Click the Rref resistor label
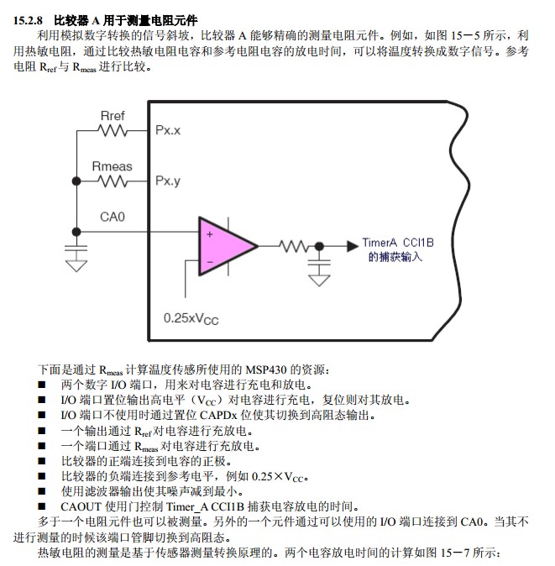tap(113, 116)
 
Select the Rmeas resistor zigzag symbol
tap(113, 181)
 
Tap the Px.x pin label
tap(168, 130)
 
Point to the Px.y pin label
tap(168, 181)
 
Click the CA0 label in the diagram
tap(113, 217)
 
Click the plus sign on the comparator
tap(210, 234)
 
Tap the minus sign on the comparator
tap(210, 262)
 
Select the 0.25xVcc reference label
tap(191, 319)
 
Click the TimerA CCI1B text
tap(398, 243)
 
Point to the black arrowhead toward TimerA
tap(353, 246)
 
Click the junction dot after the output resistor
tap(319, 247)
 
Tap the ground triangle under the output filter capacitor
tap(319, 280)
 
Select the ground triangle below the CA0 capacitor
tap(76, 266)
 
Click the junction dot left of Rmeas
tap(76, 181)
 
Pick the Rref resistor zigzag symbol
tap(113, 130)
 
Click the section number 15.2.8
tap(28, 20)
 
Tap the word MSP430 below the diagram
tap(266, 369)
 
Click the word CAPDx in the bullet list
tap(218, 415)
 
